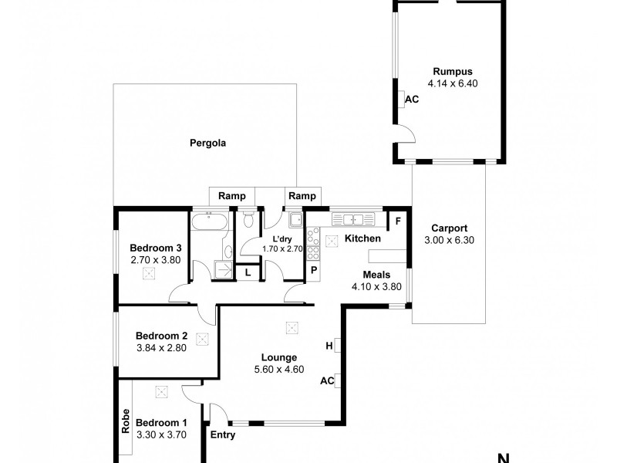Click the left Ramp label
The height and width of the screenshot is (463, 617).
232,196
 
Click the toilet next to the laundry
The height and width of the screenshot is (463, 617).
248,221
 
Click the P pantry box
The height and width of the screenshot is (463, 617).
315,270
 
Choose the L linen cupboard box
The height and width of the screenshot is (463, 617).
248,272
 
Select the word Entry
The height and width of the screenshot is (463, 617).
223,434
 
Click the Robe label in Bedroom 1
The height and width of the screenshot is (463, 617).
125,421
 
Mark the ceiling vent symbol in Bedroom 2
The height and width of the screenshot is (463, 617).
203,337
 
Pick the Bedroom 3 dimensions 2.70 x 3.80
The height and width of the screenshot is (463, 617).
155,260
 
